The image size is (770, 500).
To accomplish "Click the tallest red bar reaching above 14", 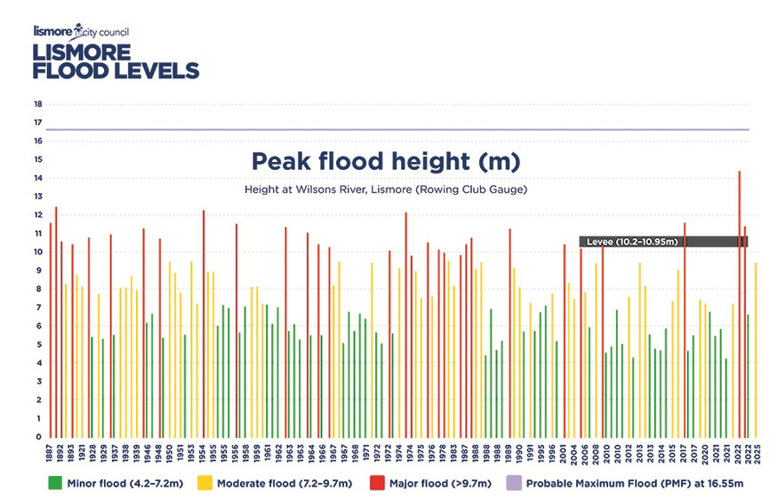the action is tap(739, 304).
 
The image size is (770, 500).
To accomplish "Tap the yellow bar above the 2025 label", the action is tap(756, 351).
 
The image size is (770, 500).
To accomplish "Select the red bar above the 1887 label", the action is tap(50, 330).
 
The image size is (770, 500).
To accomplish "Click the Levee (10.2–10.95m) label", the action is tap(632, 242).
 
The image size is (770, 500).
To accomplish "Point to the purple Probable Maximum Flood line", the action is tap(397, 130).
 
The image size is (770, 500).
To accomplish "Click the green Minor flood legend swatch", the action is tap(54, 483).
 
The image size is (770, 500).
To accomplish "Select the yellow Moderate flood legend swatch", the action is tap(205, 483).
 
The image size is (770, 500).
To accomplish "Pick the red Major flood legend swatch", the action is tap(377, 483).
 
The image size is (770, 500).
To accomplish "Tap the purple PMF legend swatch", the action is tap(513, 483).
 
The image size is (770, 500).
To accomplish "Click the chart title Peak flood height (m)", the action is tap(386, 161).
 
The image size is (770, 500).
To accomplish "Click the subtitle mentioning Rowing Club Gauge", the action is tap(386, 190).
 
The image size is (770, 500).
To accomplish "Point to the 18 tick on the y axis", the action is tap(38, 104).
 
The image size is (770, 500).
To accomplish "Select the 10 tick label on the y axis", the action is tap(38, 252).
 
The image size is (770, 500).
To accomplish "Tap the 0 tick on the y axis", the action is tap(39, 437).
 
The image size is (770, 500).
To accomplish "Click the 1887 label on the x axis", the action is tap(49, 453).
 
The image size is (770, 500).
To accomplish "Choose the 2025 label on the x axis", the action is tap(757, 453).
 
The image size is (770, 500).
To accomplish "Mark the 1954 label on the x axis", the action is tap(203, 453).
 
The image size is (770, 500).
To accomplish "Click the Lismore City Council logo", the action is tap(81, 32).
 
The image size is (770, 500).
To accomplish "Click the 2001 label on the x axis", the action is tap(563, 453).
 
